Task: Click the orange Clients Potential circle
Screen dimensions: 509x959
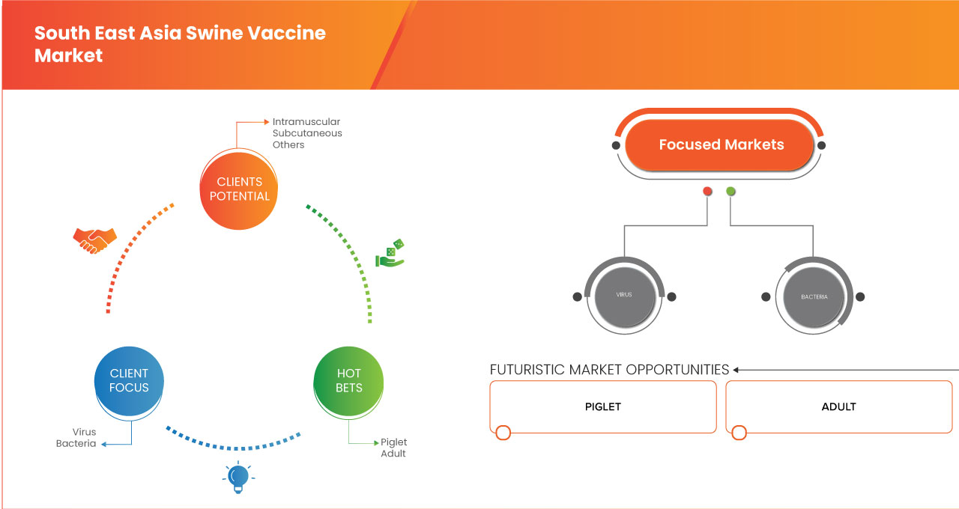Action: tap(239, 189)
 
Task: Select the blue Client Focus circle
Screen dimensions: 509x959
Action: tap(129, 380)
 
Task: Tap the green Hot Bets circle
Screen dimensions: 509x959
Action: tap(348, 380)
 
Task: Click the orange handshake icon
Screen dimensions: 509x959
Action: tap(94, 240)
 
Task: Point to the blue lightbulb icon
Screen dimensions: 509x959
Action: tap(238, 477)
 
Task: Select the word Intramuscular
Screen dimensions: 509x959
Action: tap(306, 121)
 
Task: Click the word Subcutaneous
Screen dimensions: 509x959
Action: tap(307, 133)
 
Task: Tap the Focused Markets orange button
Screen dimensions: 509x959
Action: tap(721, 145)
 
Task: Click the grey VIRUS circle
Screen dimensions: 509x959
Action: tap(623, 296)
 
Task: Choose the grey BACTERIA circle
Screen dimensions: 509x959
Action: tap(814, 297)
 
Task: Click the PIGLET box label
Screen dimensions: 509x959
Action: tap(603, 407)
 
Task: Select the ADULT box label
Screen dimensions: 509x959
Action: tap(838, 407)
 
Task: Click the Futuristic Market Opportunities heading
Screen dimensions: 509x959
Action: tap(609, 370)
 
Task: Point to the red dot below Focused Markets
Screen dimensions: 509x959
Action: tap(707, 192)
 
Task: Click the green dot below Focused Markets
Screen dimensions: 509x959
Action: tap(730, 192)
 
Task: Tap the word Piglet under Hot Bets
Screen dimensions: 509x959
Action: tap(393, 442)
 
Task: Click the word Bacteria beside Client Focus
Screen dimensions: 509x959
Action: tap(76, 444)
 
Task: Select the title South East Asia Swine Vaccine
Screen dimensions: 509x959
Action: tap(180, 34)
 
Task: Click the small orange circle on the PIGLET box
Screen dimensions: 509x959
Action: tap(503, 433)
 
